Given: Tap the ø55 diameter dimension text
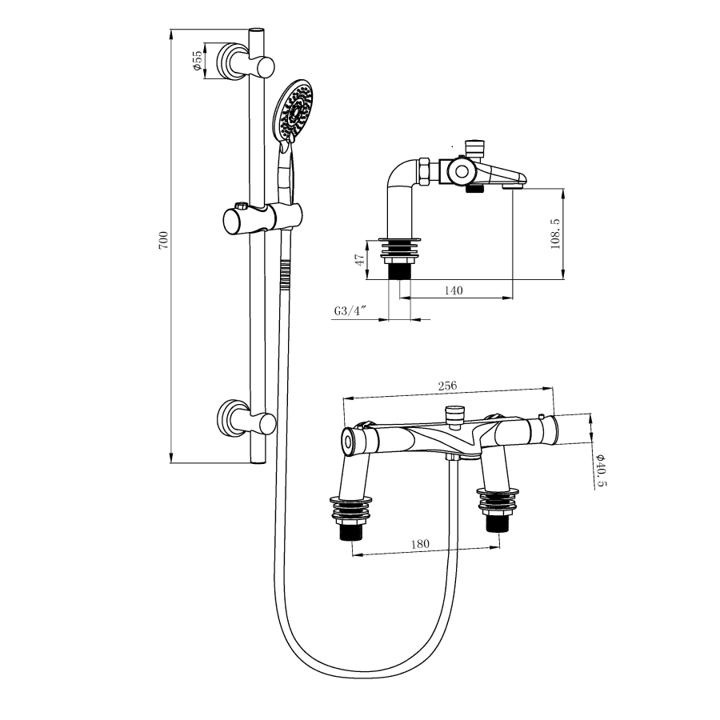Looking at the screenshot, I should click(197, 61).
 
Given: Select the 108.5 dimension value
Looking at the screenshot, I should click(555, 233).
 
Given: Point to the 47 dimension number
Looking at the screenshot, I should click(361, 259).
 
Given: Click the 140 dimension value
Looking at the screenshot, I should click(453, 290).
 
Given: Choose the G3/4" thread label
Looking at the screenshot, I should click(350, 311).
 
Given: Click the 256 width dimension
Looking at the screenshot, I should click(448, 386).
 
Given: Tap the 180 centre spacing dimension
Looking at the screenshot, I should click(419, 543).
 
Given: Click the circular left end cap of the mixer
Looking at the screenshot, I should click(349, 440).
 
